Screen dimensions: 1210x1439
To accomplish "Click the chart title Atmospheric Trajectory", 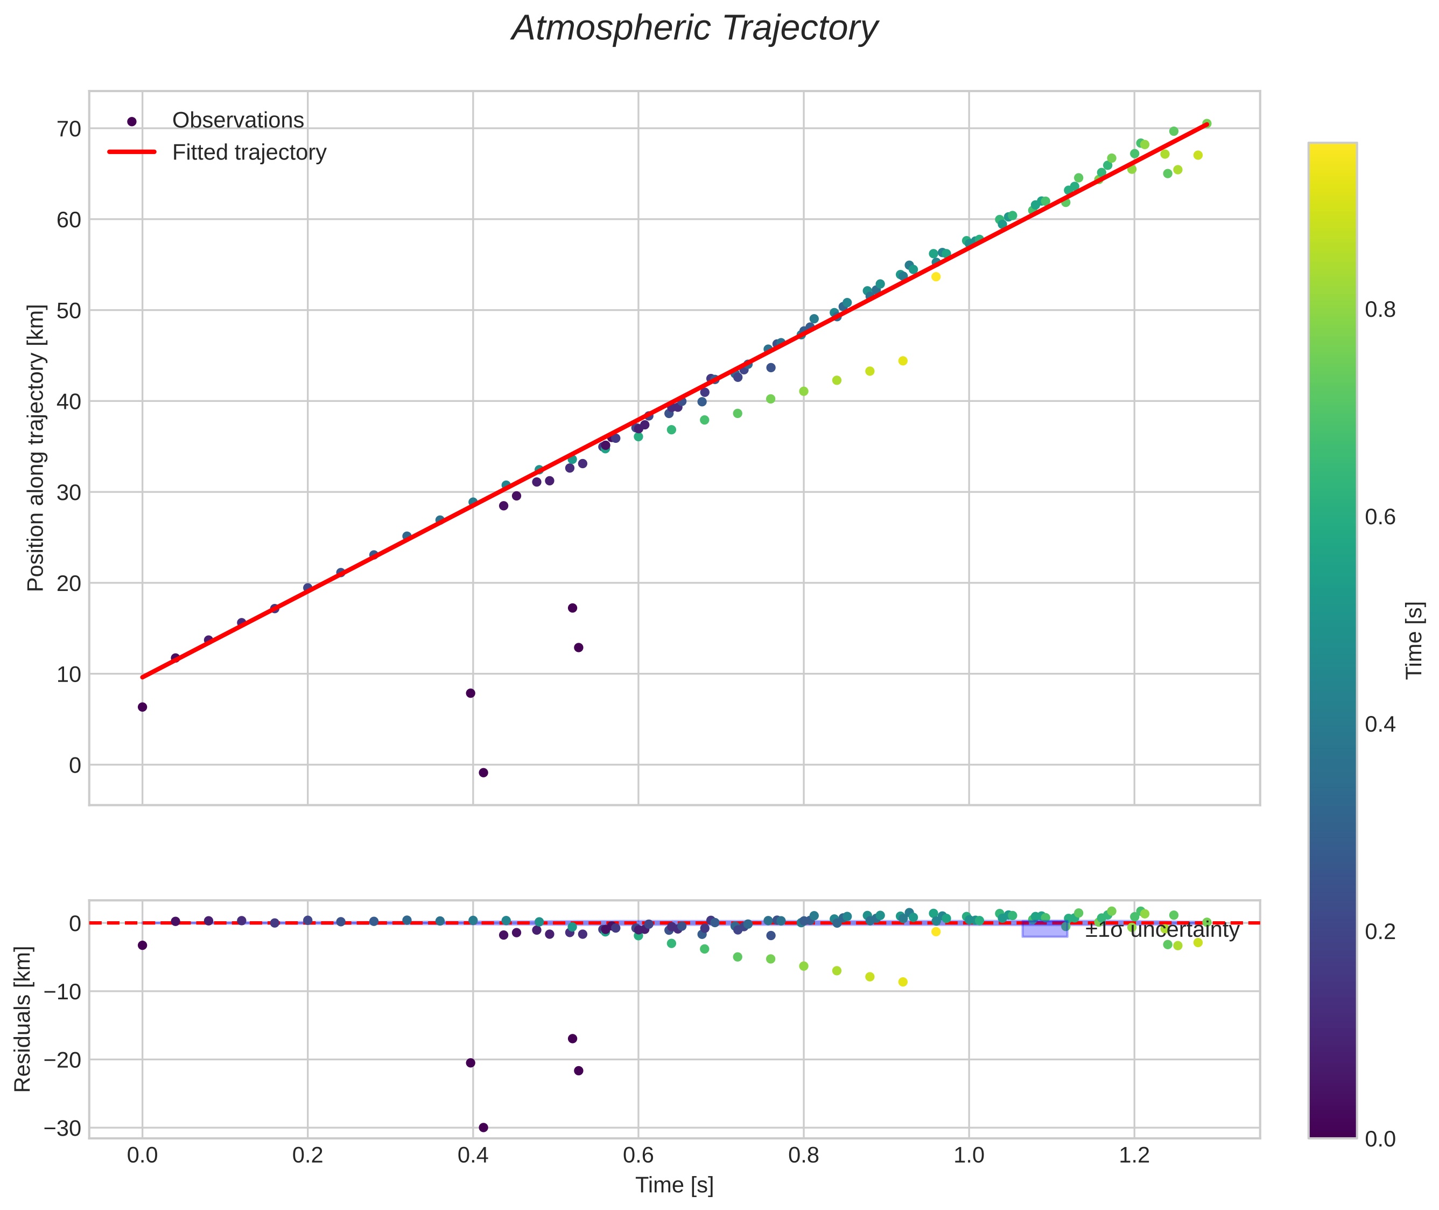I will (x=694, y=29).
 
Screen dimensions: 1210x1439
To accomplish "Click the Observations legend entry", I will (x=237, y=121).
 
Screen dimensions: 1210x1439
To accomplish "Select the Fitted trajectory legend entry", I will (x=249, y=152).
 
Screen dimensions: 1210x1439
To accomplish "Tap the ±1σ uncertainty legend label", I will (x=1162, y=930).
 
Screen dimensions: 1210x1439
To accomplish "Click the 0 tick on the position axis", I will (x=75, y=765).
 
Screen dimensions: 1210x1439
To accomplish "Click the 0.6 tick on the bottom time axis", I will (x=637, y=1156).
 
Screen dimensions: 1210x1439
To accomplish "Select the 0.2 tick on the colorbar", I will (x=1379, y=931).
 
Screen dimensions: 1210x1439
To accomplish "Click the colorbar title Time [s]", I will (x=1414, y=640).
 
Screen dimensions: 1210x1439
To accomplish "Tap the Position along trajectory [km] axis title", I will (x=36, y=447).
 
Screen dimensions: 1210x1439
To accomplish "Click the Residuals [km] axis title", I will (x=23, y=1019).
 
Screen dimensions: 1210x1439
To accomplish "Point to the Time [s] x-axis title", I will (x=674, y=1185).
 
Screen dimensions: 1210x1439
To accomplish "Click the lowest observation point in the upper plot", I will (x=483, y=773).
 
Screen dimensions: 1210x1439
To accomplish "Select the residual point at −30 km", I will (x=483, y=1127).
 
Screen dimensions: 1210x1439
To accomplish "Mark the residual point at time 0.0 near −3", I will (x=143, y=945).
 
